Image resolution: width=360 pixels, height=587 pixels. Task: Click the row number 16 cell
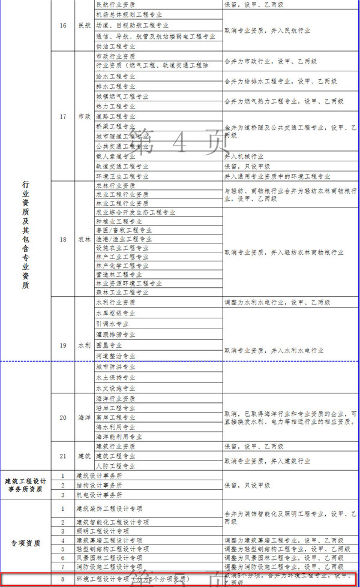[63, 25]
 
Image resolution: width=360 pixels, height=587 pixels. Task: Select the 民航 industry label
[85, 25]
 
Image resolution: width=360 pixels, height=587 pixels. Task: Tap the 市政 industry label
[85, 116]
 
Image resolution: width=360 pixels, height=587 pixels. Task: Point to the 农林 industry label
[85, 239]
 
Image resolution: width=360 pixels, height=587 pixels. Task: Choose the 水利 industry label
[85, 345]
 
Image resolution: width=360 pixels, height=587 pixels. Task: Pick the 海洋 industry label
[85, 417]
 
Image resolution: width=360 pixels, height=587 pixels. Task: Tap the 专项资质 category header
[26, 543]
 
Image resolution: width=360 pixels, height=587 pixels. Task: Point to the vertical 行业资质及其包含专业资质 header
[25, 234]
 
